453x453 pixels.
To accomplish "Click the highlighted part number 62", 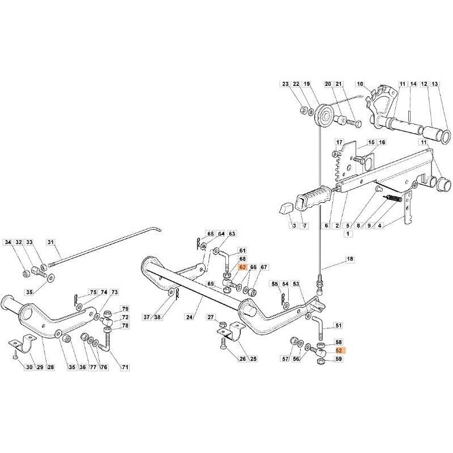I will (242, 267).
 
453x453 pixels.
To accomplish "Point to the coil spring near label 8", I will (393, 199).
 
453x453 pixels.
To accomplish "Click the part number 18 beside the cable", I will (349, 259).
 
